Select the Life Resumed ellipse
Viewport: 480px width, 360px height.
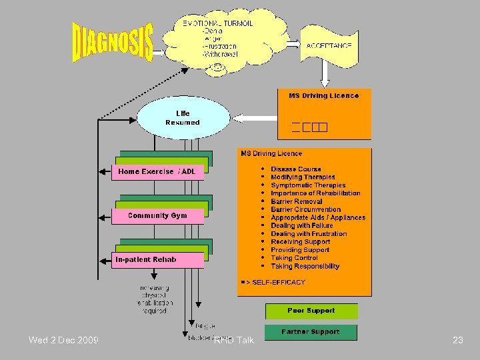click(x=182, y=118)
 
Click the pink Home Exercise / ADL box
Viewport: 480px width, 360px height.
click(x=157, y=172)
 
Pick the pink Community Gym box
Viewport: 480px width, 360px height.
click(x=157, y=216)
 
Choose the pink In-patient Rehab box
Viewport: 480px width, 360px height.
click(x=157, y=259)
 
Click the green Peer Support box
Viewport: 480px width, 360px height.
click(x=311, y=311)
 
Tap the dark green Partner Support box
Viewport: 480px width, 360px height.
click(x=311, y=332)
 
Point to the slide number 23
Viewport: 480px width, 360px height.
click(x=457, y=341)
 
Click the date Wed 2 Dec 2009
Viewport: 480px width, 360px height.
click(x=63, y=341)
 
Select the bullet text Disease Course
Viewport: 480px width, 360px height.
click(x=295, y=169)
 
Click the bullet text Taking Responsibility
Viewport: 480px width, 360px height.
click(x=305, y=267)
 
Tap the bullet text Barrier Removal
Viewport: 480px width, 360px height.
click(x=296, y=201)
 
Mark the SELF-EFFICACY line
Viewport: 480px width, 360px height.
click(x=273, y=283)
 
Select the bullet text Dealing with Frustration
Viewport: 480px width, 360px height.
click(x=309, y=234)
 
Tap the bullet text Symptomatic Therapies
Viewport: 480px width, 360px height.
click(x=308, y=185)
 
